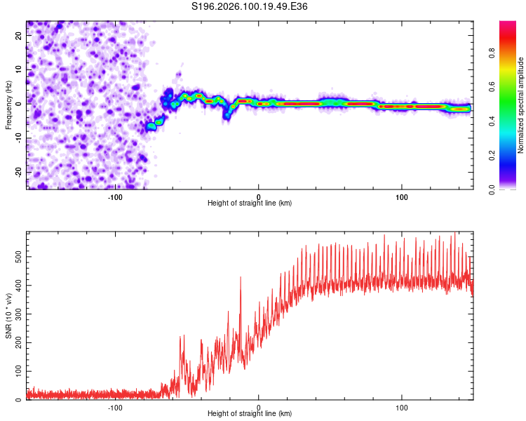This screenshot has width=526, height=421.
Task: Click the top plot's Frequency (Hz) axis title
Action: pyautogui.click(x=8, y=105)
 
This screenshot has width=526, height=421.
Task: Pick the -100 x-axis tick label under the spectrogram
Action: pyautogui.click(x=116, y=196)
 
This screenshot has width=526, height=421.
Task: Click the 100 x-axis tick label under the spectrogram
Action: pyautogui.click(x=402, y=196)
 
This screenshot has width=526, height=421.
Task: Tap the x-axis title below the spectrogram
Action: pyautogui.click(x=250, y=203)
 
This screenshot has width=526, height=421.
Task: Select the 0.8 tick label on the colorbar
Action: pyautogui.click(x=511, y=54)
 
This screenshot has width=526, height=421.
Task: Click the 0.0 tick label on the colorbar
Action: pyautogui.click(x=511, y=189)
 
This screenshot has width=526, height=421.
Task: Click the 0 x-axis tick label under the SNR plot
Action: pyautogui.click(x=259, y=408)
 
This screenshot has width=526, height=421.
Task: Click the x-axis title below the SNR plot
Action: pyautogui.click(x=250, y=415)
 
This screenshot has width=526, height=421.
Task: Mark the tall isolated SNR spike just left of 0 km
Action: pyautogui.click(x=241, y=278)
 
